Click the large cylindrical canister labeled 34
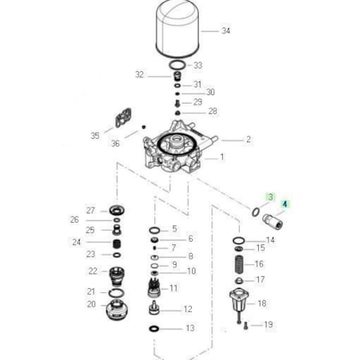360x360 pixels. click(177, 30)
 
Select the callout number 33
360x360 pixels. click(198, 65)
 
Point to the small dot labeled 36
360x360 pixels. click(144, 127)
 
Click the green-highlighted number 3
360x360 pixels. click(270, 196)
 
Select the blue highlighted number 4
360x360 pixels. click(285, 204)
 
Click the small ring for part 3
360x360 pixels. click(255, 212)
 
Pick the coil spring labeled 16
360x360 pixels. click(239, 264)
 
